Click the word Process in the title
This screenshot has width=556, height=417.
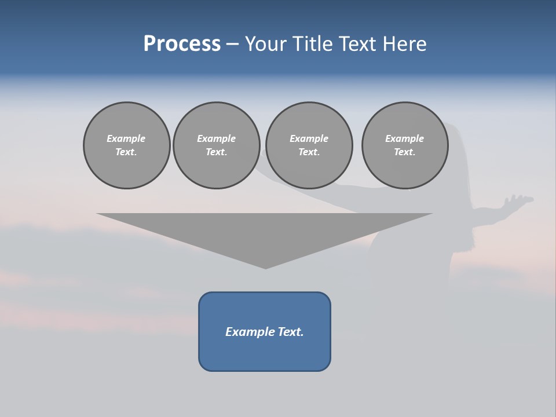click(182, 44)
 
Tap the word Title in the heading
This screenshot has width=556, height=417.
click(313, 44)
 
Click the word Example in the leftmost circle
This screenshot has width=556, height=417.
click(126, 138)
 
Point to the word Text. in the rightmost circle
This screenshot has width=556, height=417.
click(405, 152)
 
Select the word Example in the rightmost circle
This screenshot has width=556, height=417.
click(405, 138)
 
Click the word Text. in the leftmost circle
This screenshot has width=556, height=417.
click(126, 152)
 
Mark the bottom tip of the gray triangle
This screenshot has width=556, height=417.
click(265, 267)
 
